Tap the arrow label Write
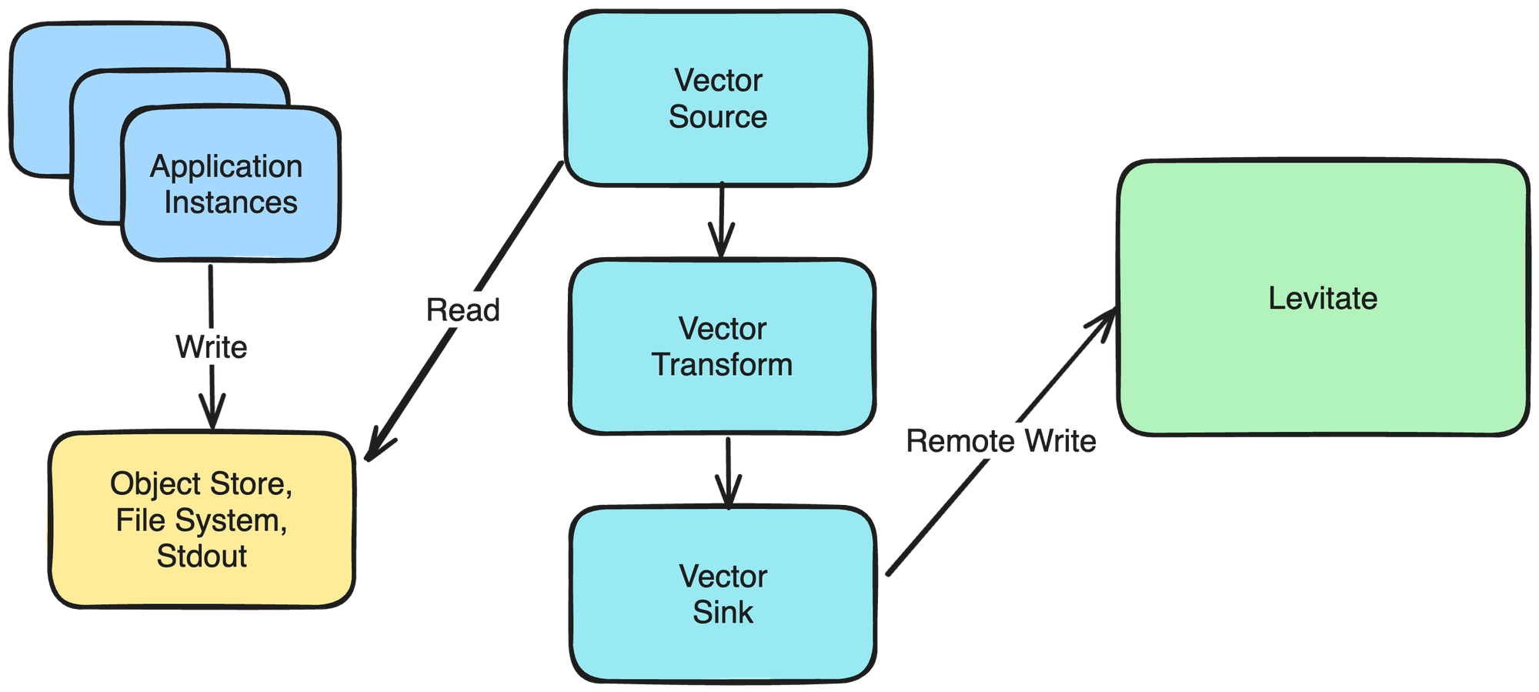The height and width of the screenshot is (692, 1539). click(212, 347)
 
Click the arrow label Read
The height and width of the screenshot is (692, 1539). click(463, 310)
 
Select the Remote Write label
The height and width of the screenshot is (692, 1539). click(1000, 441)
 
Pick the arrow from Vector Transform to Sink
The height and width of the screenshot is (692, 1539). click(728, 470)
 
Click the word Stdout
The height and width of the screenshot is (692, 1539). click(202, 557)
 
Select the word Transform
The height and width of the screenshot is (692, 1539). click(722, 365)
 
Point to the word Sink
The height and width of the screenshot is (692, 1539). click(723, 613)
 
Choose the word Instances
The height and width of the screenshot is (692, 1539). click(230, 202)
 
